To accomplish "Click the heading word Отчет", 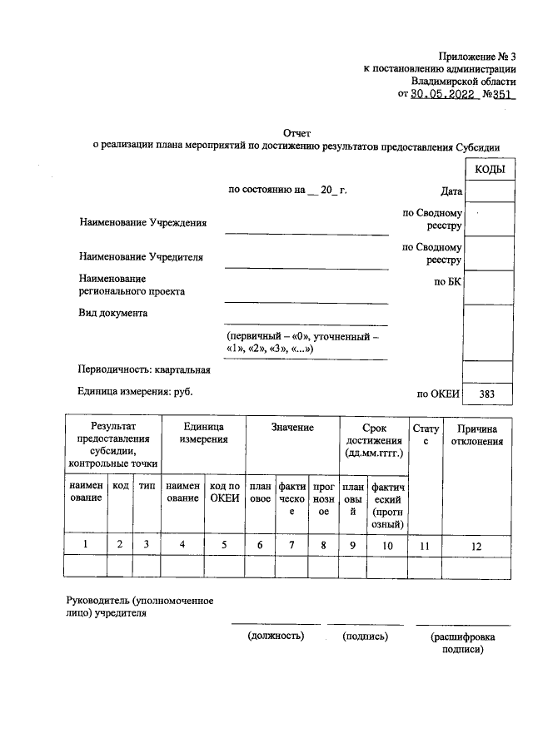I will (297, 132).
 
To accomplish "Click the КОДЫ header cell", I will (488, 169).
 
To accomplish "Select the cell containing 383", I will (488, 394).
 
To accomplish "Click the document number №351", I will (500, 95).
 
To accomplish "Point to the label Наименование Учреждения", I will (142, 223).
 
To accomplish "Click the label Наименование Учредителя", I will (141, 257).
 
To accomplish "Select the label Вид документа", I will (113, 314).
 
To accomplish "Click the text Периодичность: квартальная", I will (144, 369).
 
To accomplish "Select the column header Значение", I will (291, 428).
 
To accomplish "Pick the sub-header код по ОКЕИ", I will (224, 492).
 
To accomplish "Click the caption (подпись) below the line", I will (365, 636).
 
